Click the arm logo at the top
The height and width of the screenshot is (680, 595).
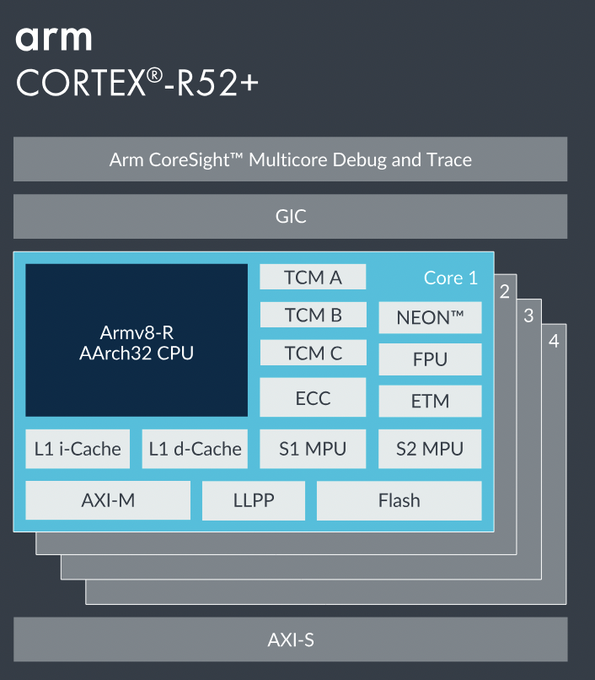53,39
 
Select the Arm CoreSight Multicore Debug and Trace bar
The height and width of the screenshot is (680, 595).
290,159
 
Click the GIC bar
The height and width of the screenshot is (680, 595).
290,217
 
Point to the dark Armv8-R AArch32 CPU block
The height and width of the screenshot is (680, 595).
137,340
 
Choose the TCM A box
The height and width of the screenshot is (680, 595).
313,278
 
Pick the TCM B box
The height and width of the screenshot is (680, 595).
313,316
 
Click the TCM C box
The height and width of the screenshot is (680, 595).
313,353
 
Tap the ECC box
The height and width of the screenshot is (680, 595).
313,397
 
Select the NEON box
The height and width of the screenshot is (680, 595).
430,318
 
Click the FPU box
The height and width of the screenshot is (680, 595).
430,359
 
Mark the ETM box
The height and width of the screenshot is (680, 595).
430,402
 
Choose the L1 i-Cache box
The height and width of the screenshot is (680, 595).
78,449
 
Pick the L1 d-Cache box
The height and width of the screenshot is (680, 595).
195,449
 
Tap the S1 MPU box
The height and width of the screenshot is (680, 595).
313,449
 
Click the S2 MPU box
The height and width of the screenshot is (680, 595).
430,449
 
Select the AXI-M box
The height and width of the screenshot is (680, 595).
108,500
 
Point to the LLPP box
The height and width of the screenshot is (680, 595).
254,500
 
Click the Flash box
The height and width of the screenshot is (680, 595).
399,500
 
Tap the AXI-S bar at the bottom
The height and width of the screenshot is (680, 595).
290,640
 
